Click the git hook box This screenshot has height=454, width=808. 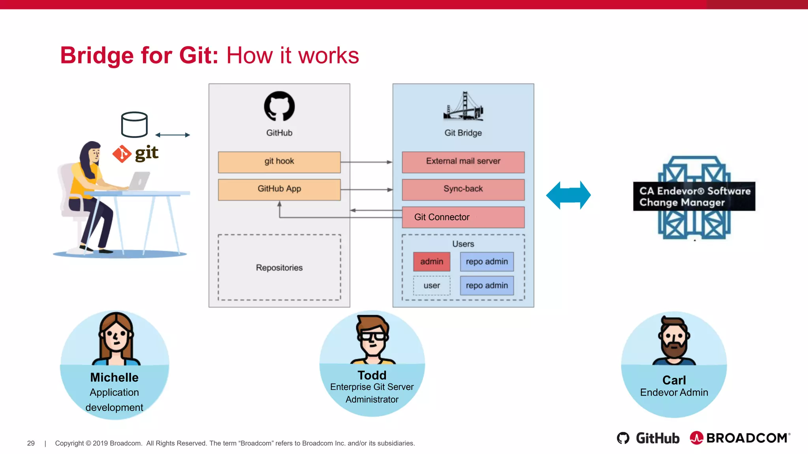279,162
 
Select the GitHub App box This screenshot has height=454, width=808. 279,190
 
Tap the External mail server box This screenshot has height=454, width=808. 463,162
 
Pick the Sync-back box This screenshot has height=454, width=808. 463,190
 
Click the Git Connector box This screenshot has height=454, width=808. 463,217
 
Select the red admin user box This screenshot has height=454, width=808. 432,262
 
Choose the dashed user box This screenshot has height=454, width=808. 432,286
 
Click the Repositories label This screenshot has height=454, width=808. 279,268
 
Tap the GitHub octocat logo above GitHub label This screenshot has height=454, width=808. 279,106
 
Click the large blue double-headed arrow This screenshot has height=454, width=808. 568,195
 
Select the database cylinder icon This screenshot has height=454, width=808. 134,125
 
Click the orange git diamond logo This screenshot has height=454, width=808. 122,154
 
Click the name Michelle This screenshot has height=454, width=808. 114,377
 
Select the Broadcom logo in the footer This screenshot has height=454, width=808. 740,438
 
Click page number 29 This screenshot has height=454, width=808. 31,443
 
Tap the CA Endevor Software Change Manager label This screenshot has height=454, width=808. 694,196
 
